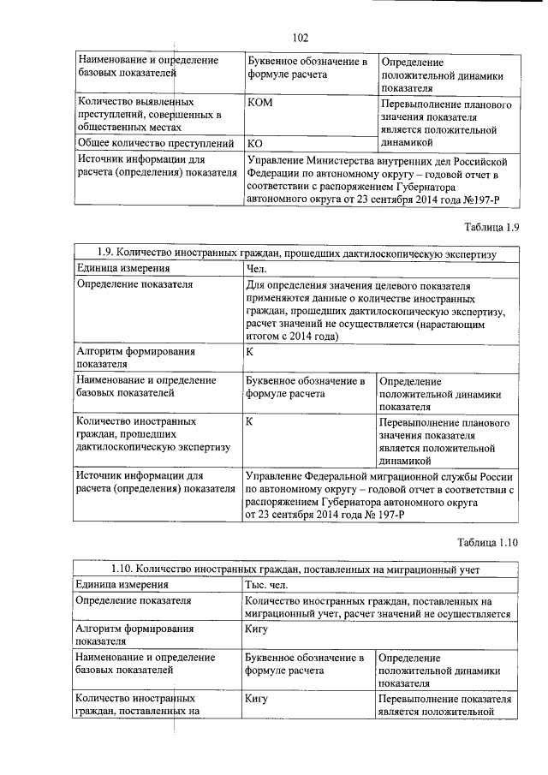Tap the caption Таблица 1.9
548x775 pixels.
point(488,227)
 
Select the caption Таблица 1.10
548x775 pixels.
point(485,543)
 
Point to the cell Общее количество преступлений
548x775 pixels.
point(156,143)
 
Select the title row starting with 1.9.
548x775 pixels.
point(295,253)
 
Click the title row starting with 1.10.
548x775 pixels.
point(295,569)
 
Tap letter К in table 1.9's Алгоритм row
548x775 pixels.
point(249,351)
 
